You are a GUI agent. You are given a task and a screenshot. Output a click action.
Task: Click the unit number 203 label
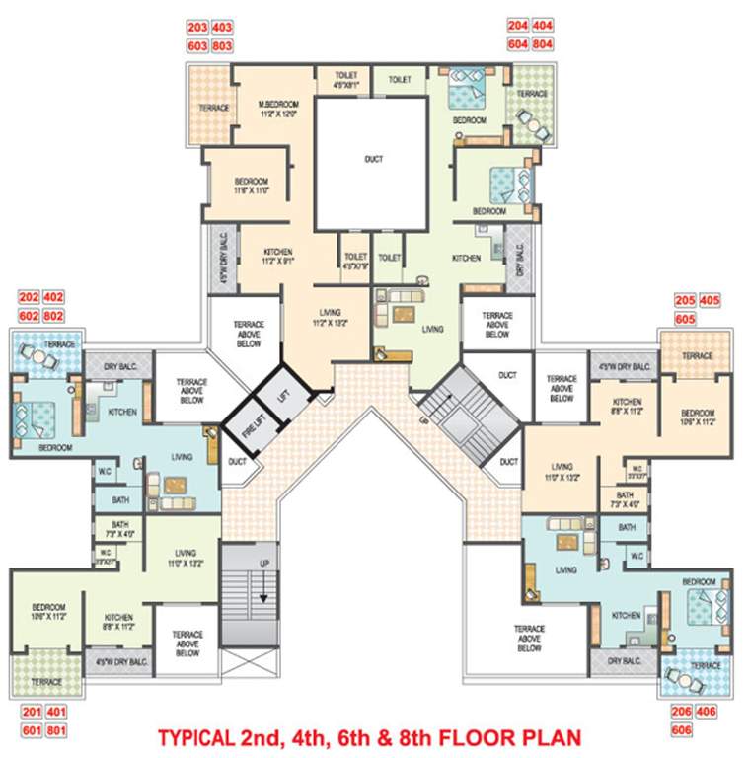197,28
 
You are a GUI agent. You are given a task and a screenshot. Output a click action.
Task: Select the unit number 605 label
685,319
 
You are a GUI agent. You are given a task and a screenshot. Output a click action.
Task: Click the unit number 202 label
29,296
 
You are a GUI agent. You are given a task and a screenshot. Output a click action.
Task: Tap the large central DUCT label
373,159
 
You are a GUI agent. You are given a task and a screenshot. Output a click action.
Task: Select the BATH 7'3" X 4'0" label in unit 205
625,498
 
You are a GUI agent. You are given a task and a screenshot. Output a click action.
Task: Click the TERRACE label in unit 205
697,355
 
